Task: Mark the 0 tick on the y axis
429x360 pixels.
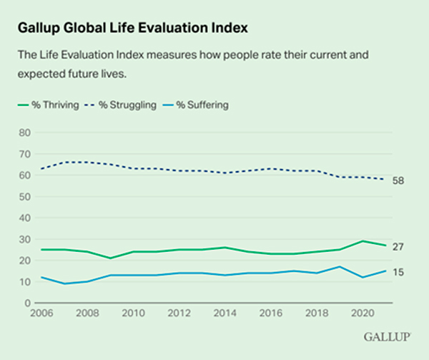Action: coord(26,303)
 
